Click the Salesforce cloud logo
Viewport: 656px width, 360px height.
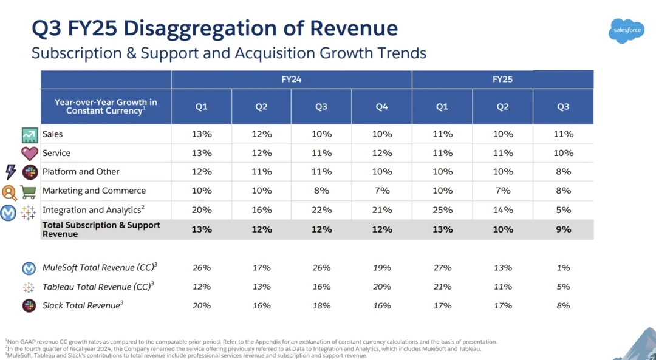coord(626,30)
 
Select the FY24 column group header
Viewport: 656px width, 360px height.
coord(292,80)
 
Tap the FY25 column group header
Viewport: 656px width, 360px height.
coord(502,80)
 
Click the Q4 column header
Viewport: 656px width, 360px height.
coord(381,107)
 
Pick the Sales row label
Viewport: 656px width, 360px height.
coord(52,134)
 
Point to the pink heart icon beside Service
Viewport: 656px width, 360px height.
coord(29,154)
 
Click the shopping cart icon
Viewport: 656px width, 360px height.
coord(29,192)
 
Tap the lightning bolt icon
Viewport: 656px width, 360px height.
coord(10,172)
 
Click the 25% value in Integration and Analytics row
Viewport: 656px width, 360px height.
coord(442,210)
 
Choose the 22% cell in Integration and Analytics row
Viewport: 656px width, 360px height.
coord(321,210)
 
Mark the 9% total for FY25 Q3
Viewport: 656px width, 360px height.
coord(563,229)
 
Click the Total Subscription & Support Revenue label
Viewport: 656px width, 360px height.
coord(101,229)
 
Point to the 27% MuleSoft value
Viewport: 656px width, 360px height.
coord(442,268)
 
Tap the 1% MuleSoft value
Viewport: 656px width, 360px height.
coord(563,268)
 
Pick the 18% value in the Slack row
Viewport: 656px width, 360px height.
coord(321,306)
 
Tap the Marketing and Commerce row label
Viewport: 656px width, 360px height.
coord(94,191)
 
